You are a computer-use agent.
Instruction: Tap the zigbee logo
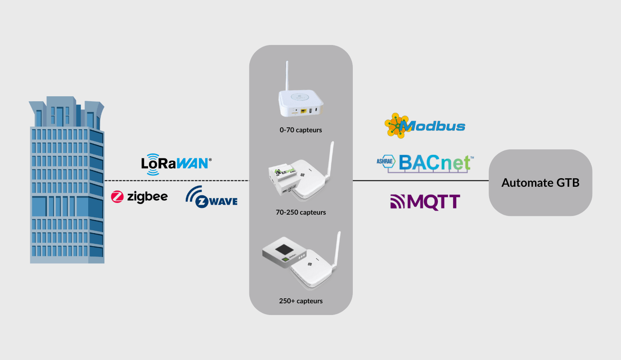139,196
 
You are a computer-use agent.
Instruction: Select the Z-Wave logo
211,197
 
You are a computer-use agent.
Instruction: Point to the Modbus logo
425,126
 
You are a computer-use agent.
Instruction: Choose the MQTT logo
425,202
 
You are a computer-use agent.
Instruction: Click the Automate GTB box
540,183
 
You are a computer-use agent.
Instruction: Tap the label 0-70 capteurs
301,130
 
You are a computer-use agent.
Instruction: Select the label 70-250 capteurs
301,212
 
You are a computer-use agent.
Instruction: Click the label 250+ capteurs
301,301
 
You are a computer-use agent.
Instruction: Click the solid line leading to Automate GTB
420,180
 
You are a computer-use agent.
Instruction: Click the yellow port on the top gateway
304,110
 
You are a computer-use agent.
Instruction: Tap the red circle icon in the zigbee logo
117,196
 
